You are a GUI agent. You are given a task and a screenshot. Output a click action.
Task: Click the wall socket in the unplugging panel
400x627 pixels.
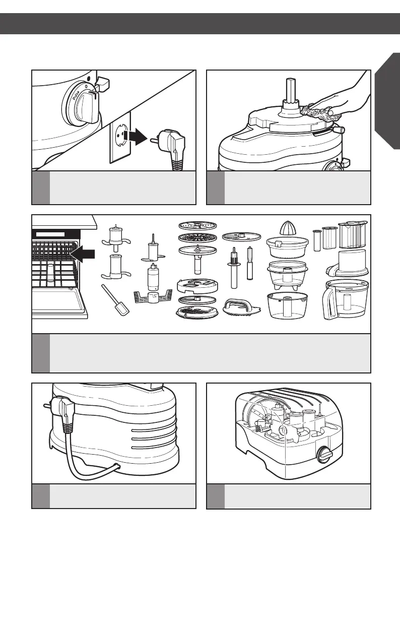pyautogui.click(x=120, y=137)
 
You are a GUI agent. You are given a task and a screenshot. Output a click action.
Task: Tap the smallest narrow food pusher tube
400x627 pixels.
pyautogui.click(x=316, y=241)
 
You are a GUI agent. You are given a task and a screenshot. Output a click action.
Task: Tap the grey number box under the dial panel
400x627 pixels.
pyautogui.click(x=41, y=188)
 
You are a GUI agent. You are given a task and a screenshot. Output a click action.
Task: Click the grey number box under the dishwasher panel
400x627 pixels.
pyautogui.click(x=41, y=353)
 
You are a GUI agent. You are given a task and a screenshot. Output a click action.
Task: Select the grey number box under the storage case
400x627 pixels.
pyautogui.click(x=216, y=496)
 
